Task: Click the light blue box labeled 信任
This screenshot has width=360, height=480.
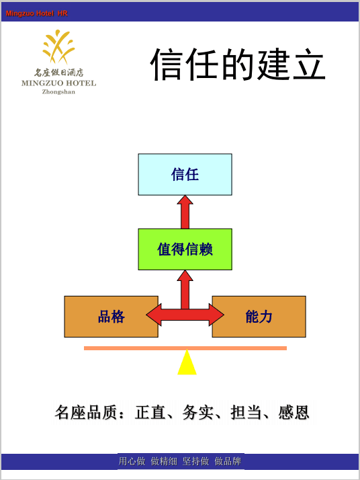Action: [x=185, y=175]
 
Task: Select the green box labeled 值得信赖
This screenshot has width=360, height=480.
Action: [x=185, y=249]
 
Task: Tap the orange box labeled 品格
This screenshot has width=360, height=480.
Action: [x=111, y=317]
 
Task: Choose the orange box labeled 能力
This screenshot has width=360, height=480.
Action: [x=259, y=317]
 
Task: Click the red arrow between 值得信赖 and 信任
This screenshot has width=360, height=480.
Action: [x=185, y=212]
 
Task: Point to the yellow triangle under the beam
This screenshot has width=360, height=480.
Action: [x=187, y=362]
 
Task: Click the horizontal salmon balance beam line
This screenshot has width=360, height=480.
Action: [x=185, y=348]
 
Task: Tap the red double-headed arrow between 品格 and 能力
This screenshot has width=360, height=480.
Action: [x=185, y=315]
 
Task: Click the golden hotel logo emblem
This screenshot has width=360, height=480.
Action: [x=58, y=46]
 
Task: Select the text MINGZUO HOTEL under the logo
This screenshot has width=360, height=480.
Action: [x=58, y=83]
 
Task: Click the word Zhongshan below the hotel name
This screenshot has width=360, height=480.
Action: [x=58, y=92]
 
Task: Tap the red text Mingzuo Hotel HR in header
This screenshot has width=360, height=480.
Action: [x=36, y=13]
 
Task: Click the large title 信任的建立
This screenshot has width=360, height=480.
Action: [x=238, y=65]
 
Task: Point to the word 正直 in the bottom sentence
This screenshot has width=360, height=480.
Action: [x=150, y=412]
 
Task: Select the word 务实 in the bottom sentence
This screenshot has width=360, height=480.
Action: [x=198, y=412]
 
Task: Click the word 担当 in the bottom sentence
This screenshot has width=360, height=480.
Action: [x=246, y=412]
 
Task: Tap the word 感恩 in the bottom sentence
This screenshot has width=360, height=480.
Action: [x=294, y=412]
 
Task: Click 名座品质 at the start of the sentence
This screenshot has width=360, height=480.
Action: [x=86, y=412]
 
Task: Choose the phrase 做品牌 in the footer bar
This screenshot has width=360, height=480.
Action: [x=228, y=461]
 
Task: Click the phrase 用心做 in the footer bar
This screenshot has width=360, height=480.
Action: [x=132, y=461]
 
